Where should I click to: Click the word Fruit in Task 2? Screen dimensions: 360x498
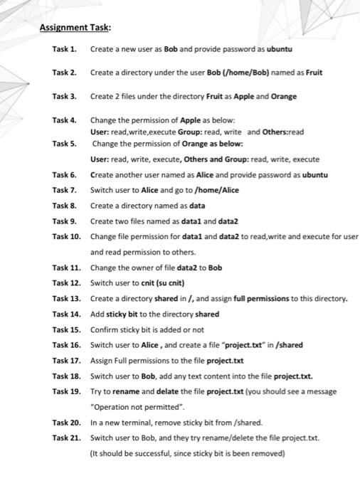click(313, 72)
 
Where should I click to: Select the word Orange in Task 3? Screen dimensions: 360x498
click(282, 96)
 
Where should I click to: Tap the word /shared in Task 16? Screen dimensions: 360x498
click(290, 345)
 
